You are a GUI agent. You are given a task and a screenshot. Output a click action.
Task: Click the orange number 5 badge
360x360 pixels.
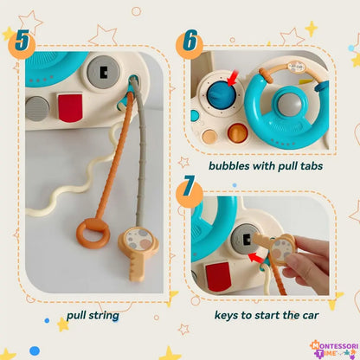(x=22, y=42)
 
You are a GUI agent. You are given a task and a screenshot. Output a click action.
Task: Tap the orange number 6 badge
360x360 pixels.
(x=189, y=42)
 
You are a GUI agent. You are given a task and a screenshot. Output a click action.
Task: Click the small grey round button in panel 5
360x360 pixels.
(x=36, y=107)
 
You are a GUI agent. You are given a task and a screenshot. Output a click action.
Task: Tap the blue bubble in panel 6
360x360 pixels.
(x=218, y=94)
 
